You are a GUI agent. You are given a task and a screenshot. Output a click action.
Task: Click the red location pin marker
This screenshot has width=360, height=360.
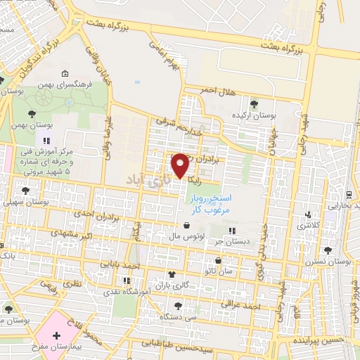180,165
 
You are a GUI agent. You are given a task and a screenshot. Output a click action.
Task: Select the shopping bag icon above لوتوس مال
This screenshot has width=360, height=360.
186,226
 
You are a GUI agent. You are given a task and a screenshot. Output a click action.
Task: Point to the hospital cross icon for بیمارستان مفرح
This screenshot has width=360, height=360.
56,337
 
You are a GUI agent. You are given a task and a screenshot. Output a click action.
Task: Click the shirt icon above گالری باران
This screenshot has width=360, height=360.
171,274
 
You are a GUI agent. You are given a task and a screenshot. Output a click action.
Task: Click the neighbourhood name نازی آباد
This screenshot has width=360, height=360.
148,180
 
